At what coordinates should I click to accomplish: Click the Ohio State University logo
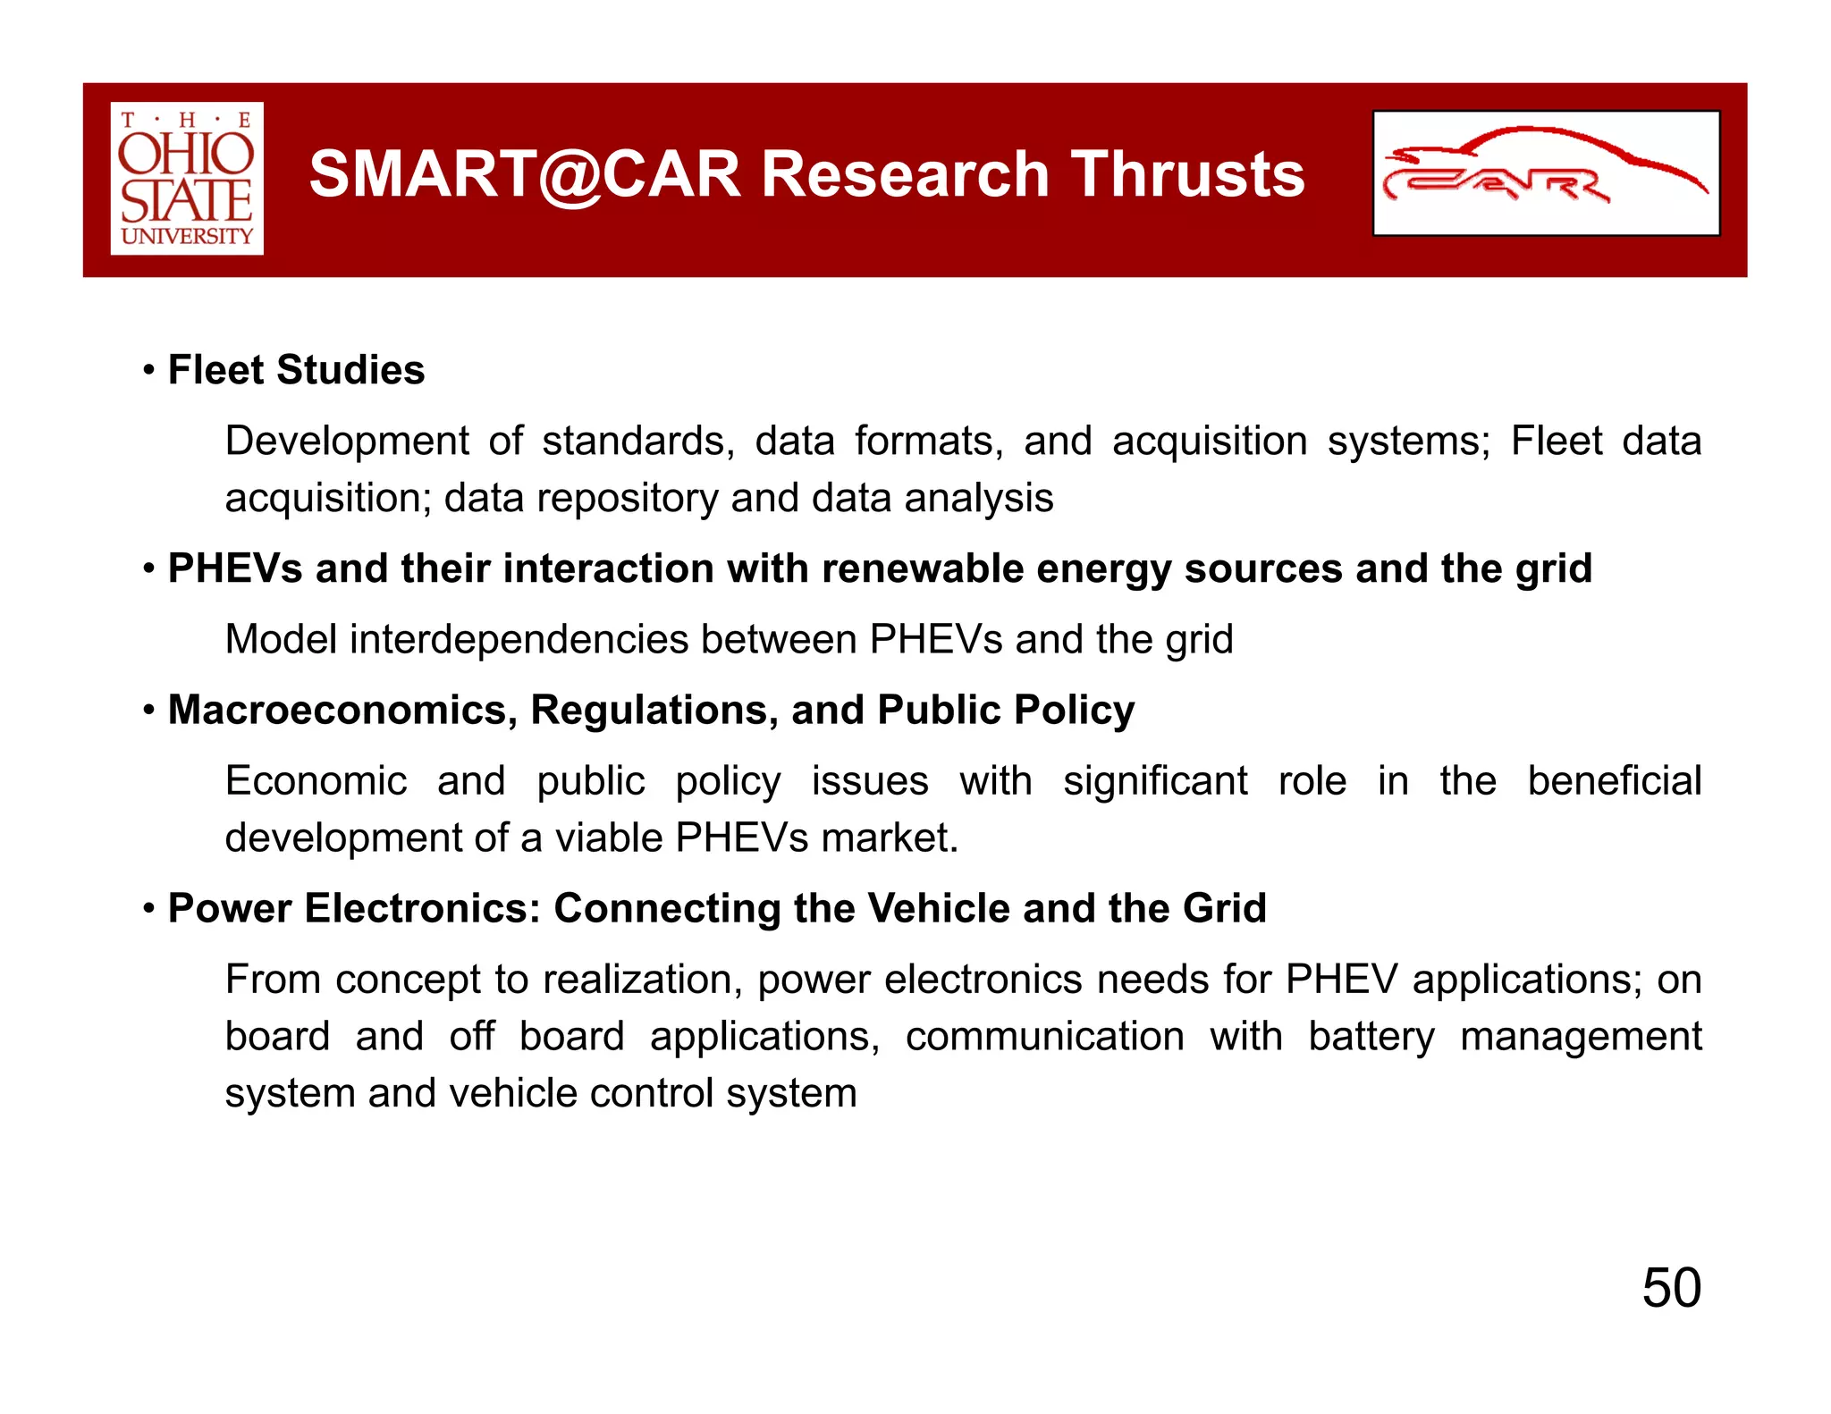click(x=187, y=178)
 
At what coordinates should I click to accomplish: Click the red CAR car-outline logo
click(x=1545, y=173)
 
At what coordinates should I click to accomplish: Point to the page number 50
click(x=1671, y=1288)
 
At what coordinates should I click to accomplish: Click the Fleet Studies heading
click(x=296, y=370)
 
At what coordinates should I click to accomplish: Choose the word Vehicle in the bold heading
click(x=939, y=908)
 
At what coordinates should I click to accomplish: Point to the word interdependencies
click(x=519, y=640)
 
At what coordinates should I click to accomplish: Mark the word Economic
click(x=316, y=781)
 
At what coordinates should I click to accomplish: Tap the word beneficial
click(x=1614, y=781)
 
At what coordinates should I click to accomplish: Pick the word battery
click(x=1371, y=1037)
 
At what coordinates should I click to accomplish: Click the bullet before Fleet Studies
click(x=148, y=371)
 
